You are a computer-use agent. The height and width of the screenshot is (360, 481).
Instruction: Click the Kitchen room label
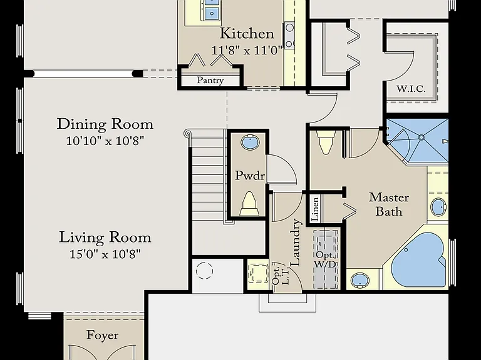pyautogui.click(x=247, y=33)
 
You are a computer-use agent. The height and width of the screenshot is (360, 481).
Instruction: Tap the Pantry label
pyautogui.click(x=210, y=80)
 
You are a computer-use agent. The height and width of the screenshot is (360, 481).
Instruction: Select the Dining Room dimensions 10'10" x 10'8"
pyautogui.click(x=105, y=141)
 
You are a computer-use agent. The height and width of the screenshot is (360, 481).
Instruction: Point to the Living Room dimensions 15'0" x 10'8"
pyautogui.click(x=105, y=254)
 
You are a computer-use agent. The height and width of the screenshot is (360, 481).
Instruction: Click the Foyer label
pyautogui.click(x=102, y=335)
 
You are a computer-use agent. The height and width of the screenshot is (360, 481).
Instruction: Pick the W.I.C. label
pyautogui.click(x=411, y=89)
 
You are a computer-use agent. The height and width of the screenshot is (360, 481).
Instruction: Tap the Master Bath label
pyautogui.click(x=389, y=204)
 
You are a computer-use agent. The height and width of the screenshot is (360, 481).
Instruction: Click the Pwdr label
pyautogui.click(x=250, y=176)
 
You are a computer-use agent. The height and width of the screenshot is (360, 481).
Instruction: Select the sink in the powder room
pyautogui.click(x=250, y=142)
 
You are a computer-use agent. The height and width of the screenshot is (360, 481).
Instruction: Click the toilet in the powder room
pyautogui.click(x=249, y=204)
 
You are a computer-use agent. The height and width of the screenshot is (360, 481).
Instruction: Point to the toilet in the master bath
pyautogui.click(x=326, y=142)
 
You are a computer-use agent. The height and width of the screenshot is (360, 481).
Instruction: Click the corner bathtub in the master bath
pyautogui.click(x=419, y=260)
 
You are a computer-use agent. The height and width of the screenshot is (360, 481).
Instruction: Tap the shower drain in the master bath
pyautogui.click(x=422, y=137)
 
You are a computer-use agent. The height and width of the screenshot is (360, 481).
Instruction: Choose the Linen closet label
pyautogui.click(x=315, y=209)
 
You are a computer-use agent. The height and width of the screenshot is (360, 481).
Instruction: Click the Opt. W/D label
pyautogui.click(x=326, y=259)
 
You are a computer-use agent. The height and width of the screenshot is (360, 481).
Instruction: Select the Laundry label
pyautogui.click(x=296, y=242)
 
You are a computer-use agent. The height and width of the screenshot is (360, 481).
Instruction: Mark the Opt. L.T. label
pyautogui.click(x=281, y=276)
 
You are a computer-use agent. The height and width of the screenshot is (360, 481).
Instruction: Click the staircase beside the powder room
pyautogui.click(x=209, y=177)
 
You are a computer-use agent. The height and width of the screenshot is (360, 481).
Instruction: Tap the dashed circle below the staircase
pyautogui.click(x=205, y=271)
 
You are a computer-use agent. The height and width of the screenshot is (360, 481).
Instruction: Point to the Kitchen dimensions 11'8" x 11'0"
pyautogui.click(x=247, y=50)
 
